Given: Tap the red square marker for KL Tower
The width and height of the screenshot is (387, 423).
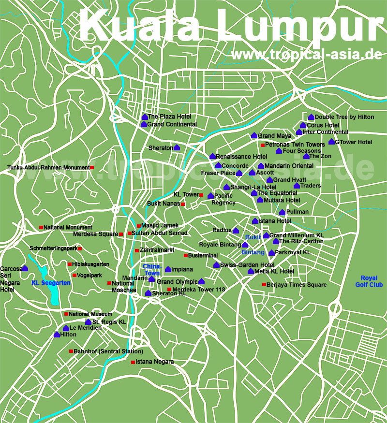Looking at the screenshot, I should click(x=201, y=195).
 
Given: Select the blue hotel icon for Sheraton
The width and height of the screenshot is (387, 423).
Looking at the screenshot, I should click(x=177, y=147).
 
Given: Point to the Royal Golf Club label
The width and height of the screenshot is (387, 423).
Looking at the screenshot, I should click(x=372, y=281).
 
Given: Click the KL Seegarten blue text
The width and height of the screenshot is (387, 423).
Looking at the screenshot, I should click(x=51, y=283).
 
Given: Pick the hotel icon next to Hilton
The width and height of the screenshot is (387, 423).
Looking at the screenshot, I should click(x=57, y=334).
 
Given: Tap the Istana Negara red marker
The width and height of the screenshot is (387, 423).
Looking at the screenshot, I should click(x=133, y=362).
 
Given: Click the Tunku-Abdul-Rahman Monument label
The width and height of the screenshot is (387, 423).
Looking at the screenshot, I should click(x=48, y=168).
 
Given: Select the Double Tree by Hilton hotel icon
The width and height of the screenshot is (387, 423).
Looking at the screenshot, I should click(x=311, y=117).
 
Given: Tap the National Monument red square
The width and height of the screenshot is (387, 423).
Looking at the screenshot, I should click(x=41, y=227).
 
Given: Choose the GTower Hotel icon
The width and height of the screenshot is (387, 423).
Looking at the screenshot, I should click(x=331, y=142).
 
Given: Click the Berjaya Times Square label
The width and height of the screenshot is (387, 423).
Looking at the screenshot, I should click(x=297, y=285).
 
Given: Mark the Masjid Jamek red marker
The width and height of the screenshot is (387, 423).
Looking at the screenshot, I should click(x=138, y=225).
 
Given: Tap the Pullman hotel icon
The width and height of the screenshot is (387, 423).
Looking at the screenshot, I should click(x=282, y=212).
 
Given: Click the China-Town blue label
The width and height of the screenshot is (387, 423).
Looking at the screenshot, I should click(x=152, y=270).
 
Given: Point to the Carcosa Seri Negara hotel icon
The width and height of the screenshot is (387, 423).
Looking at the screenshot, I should click(x=25, y=268).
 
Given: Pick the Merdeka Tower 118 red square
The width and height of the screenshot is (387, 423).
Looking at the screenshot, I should click(x=169, y=290).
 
